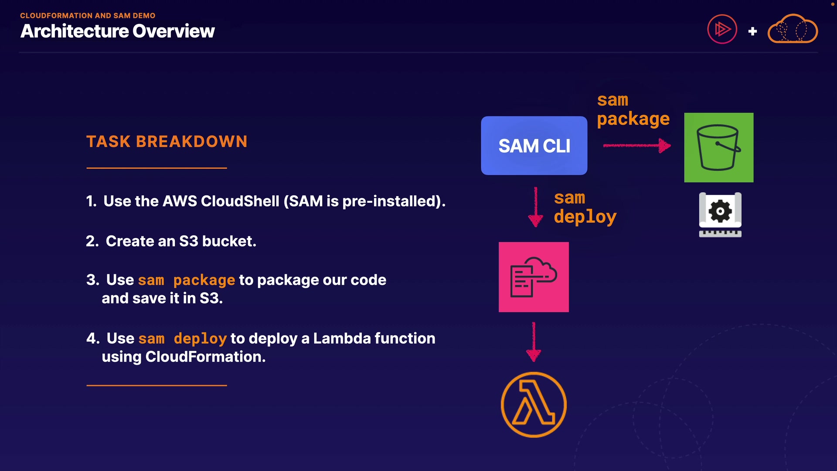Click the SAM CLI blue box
pos(534,146)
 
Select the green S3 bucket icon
pos(718,147)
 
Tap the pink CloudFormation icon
pos(534,277)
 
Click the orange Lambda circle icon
pos(534,405)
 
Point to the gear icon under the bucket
pos(720,212)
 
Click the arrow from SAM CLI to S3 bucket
pos(636,146)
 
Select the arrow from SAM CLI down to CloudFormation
pos(535,207)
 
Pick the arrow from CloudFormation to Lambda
pos(534,342)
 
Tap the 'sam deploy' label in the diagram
pos(585,207)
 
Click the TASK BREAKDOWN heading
pos(167,142)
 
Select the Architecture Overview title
pos(118,31)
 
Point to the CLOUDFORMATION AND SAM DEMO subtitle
pos(88,16)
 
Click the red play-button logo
pos(722,29)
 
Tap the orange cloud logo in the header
pos(793,29)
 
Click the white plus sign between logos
pos(752,31)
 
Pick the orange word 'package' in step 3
pos(204,280)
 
